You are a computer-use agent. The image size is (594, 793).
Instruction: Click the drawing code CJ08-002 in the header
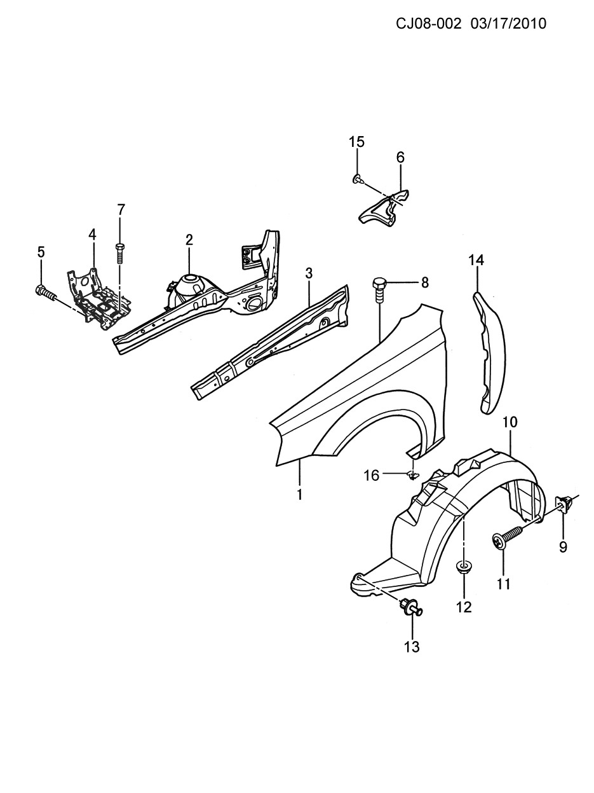(429, 24)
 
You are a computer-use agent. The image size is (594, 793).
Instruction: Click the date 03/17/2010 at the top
(508, 24)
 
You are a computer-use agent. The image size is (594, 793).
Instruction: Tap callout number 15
(356, 142)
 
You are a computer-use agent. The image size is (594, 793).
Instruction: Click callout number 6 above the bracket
(401, 158)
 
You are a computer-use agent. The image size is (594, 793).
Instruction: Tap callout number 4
(92, 235)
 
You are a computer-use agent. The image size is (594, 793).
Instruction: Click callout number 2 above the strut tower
(189, 240)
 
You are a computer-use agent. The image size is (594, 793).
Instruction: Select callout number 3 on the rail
(309, 273)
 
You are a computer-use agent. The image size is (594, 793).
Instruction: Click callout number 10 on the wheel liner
(511, 422)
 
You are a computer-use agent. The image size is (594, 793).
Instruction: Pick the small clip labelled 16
(412, 476)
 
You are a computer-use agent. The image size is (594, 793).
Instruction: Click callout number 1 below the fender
(299, 494)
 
